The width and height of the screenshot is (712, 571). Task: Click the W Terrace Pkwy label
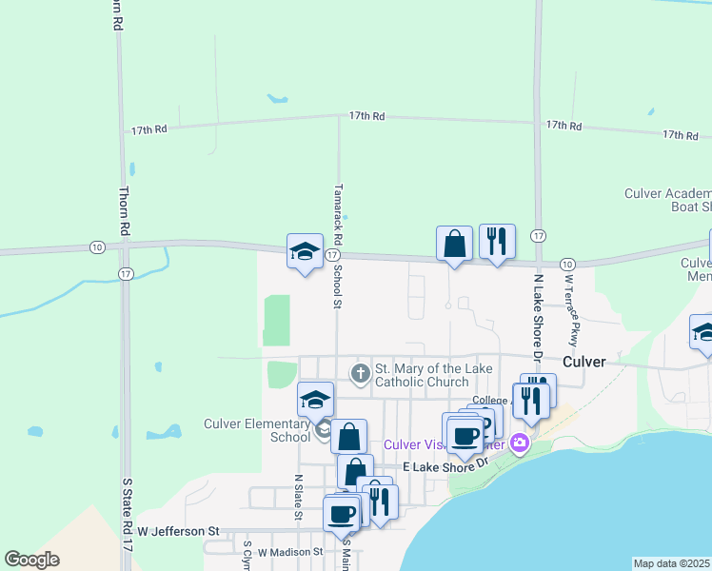coord(571,310)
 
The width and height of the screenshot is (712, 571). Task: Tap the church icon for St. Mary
coord(360,374)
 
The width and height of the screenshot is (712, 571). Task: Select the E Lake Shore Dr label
coord(445,466)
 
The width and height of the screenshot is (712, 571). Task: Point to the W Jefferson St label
coord(179,530)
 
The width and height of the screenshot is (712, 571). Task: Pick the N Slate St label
coord(298,498)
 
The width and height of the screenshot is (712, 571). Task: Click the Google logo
coord(31,560)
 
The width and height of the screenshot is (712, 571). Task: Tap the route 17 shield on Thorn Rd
coord(127,274)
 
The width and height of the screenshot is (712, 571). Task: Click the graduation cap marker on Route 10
coord(305,251)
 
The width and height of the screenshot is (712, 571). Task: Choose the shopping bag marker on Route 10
coord(454,245)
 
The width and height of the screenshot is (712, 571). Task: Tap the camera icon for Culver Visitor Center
coord(519,443)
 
